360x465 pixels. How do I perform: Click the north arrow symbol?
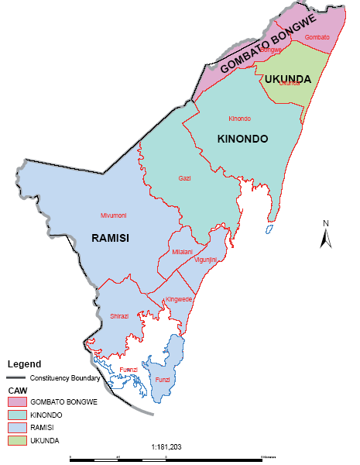326,233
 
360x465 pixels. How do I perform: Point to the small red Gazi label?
184,178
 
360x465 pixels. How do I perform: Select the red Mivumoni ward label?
113,215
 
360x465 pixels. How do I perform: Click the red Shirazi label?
119,316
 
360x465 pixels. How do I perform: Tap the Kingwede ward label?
179,299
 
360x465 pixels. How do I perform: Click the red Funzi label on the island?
163,380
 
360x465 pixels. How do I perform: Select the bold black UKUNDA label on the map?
287,80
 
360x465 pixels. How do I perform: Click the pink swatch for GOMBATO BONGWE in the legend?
17,402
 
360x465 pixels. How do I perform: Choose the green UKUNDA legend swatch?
17,440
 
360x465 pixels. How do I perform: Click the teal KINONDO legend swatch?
17,415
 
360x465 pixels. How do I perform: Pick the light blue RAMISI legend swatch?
17,427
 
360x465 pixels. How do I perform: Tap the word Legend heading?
25,363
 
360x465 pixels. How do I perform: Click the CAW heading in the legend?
16,390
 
